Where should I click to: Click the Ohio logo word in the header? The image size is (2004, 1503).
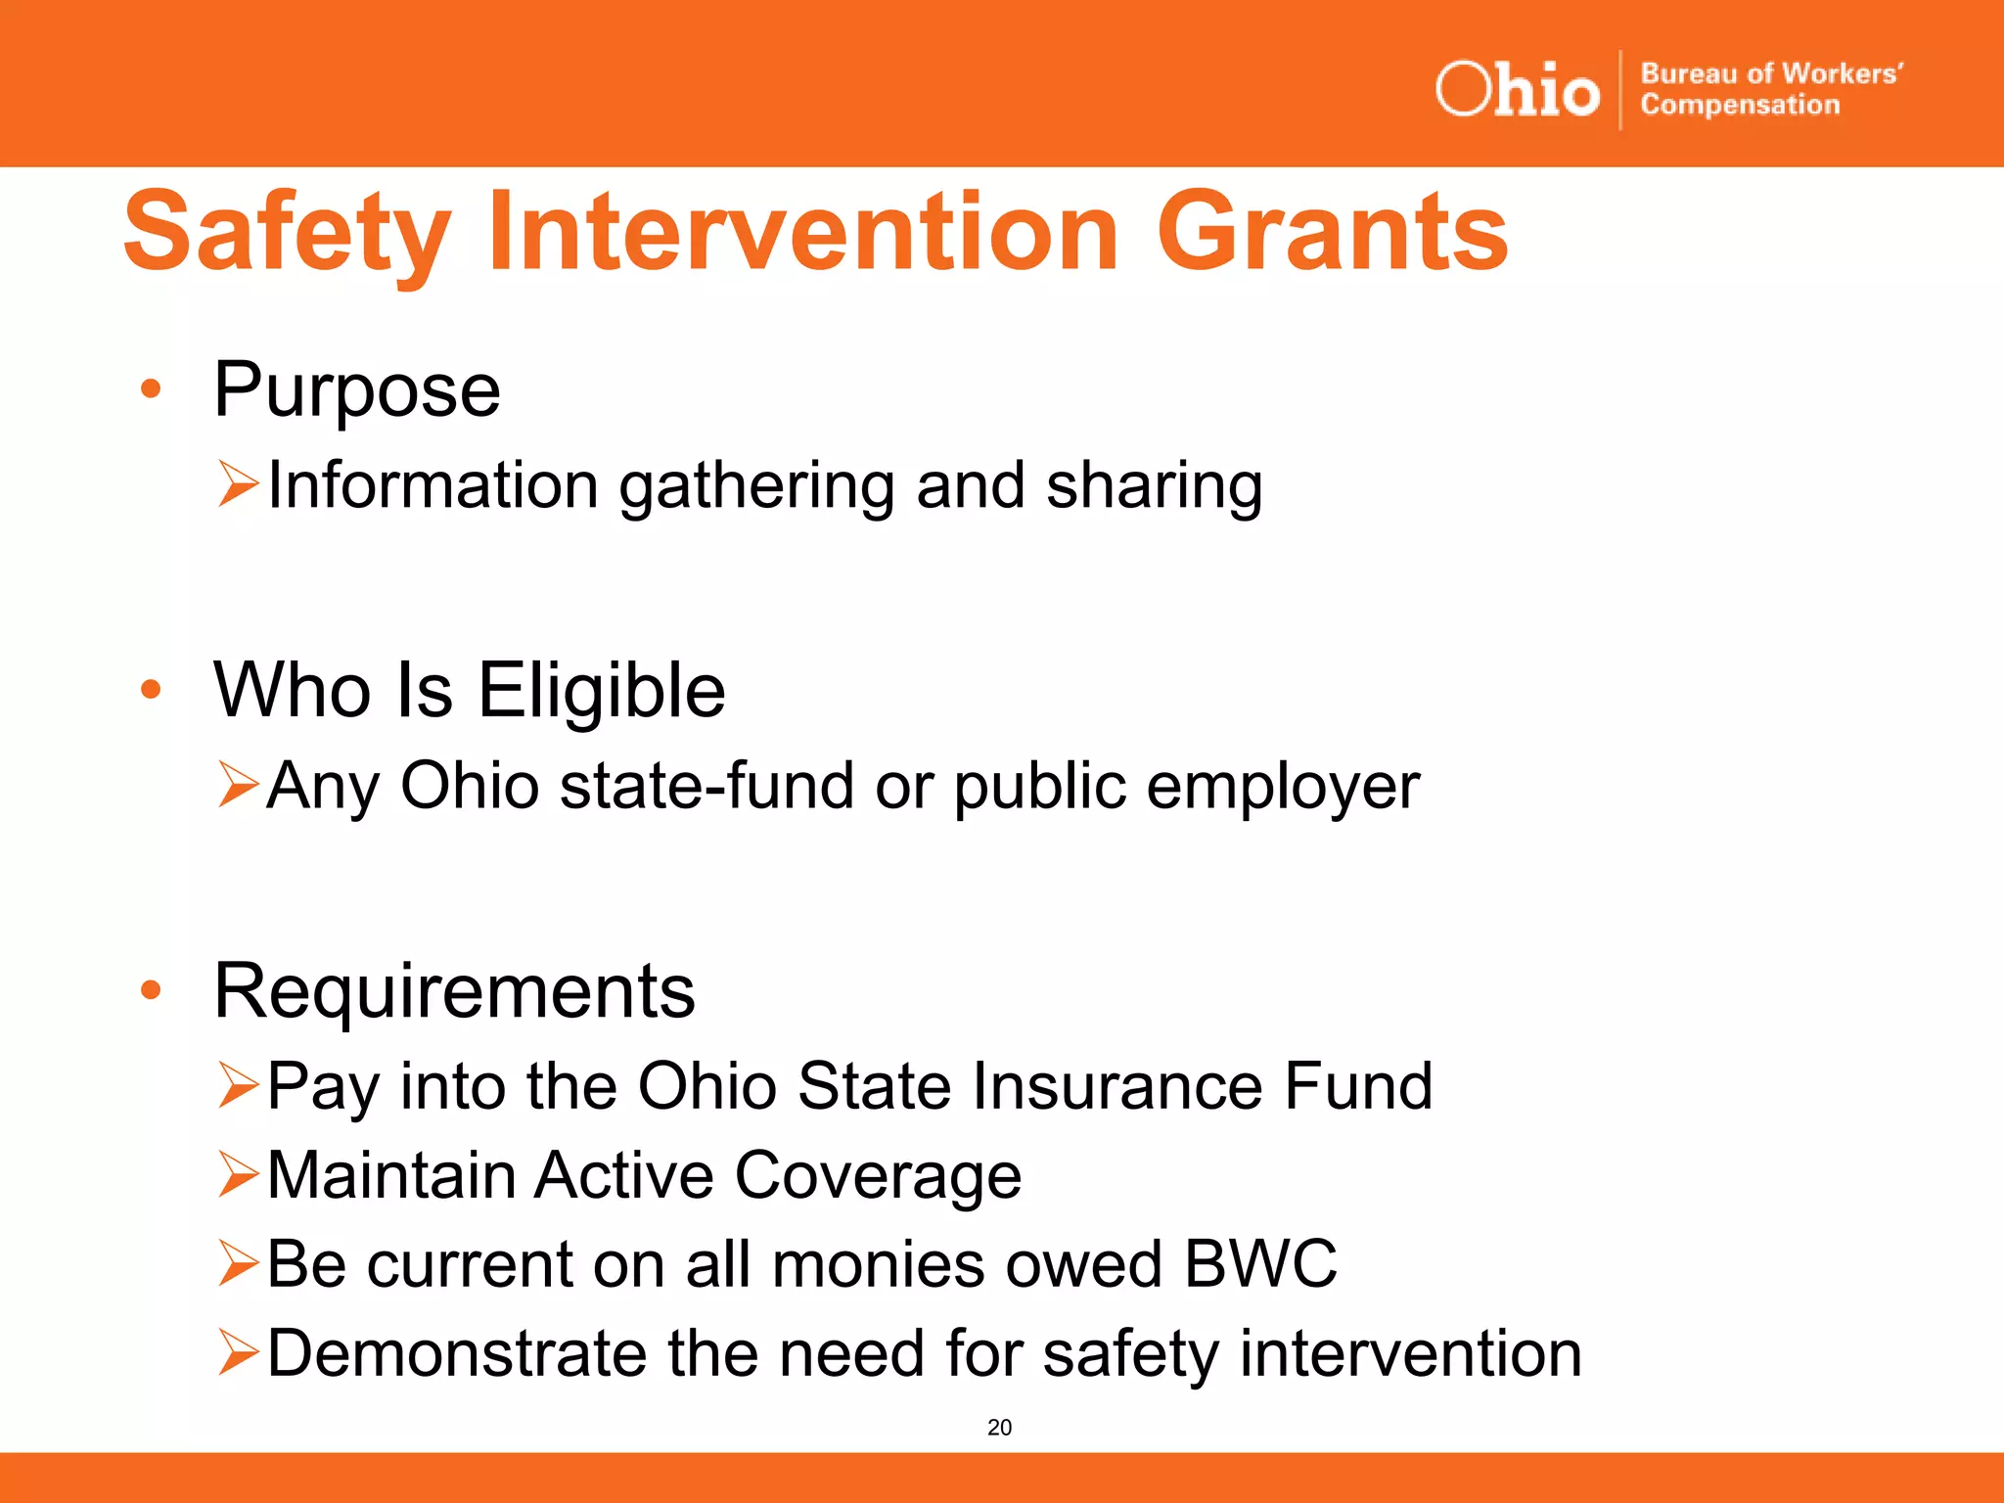[x=1517, y=90]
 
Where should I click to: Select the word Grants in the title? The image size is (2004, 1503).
[x=1332, y=233]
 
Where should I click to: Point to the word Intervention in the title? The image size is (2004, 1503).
[x=802, y=233]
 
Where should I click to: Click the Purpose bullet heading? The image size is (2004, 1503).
[x=357, y=390]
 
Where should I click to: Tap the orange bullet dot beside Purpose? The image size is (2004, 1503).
[x=150, y=389]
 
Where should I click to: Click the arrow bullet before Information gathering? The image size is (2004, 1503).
[x=238, y=484]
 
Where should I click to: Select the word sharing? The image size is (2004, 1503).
[x=1154, y=486]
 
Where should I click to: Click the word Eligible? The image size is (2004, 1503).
[x=601, y=691]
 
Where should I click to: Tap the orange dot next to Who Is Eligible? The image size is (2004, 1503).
[x=150, y=690]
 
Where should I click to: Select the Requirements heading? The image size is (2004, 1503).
[x=454, y=991]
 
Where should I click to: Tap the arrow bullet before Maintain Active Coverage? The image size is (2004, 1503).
[x=238, y=1174]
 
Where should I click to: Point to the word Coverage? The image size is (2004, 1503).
[x=878, y=1176]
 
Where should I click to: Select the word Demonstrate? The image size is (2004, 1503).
[x=456, y=1353]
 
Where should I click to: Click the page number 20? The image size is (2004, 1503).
[x=999, y=1428]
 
